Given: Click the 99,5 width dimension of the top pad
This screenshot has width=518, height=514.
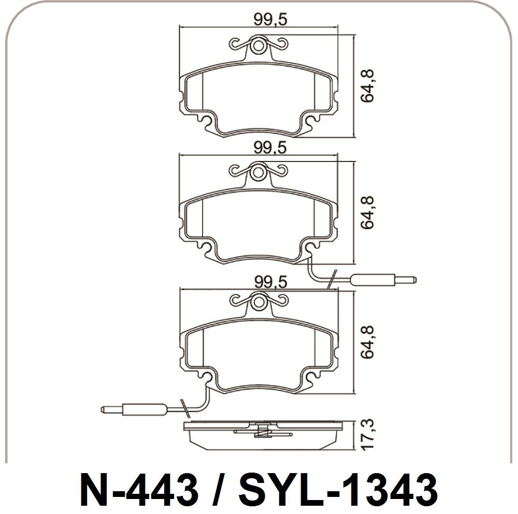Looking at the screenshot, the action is click(270, 20).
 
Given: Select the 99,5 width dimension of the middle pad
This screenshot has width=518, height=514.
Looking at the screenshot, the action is click(270, 148).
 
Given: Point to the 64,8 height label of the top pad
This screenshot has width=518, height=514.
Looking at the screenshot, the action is click(367, 86).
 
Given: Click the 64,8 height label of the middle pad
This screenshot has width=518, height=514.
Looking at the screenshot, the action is click(367, 212).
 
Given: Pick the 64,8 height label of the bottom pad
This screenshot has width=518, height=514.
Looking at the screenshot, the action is click(367, 342).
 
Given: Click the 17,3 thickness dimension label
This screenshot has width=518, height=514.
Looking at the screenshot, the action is click(367, 433).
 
